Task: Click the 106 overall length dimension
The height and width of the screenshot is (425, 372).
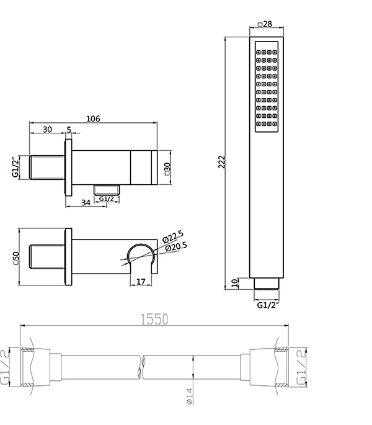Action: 93,119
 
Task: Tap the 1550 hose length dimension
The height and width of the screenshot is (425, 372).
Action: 154,319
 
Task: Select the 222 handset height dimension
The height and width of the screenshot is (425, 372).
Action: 222,162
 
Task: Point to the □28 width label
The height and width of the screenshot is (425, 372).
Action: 265,24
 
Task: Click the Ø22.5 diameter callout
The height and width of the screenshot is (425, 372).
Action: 173,236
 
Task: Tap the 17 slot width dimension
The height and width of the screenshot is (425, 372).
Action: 141,282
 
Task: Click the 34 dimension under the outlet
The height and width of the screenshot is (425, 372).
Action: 86,202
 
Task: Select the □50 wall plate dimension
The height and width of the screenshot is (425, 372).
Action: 16,257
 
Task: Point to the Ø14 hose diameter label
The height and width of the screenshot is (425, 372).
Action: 189,396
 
